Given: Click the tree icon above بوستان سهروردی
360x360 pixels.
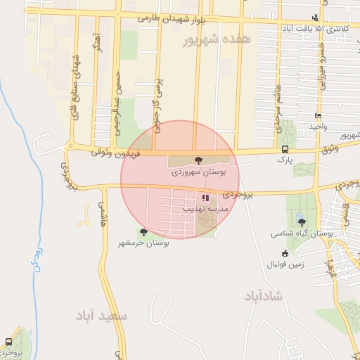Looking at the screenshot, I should [x=197, y=160].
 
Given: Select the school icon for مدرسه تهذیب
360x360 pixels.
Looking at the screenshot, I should [x=205, y=199].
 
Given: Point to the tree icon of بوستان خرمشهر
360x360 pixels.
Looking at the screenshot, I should [x=143, y=232].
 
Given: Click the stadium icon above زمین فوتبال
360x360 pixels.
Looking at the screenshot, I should [x=285, y=253].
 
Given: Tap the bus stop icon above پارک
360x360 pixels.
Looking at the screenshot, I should [x=285, y=149].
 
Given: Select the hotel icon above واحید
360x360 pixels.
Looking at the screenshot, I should [x=319, y=116].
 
